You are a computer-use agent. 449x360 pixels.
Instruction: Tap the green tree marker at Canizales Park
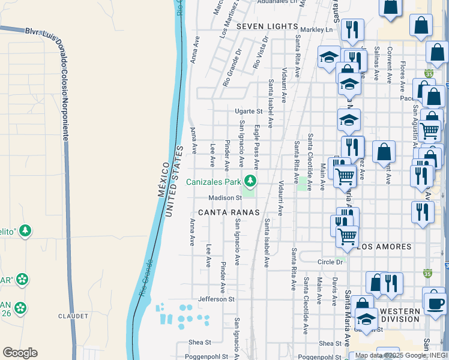[250, 180]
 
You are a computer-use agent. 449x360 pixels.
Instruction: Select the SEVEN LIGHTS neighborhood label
[267, 26]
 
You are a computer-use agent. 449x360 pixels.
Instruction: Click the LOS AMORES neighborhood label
[384, 247]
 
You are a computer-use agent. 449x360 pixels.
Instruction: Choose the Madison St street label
[225, 198]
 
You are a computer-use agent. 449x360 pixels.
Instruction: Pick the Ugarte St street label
[249, 112]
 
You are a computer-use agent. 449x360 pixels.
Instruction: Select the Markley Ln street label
[316, 29]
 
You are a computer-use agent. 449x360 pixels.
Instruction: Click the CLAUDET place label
[73, 316]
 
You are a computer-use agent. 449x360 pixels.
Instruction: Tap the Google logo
[20, 353]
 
